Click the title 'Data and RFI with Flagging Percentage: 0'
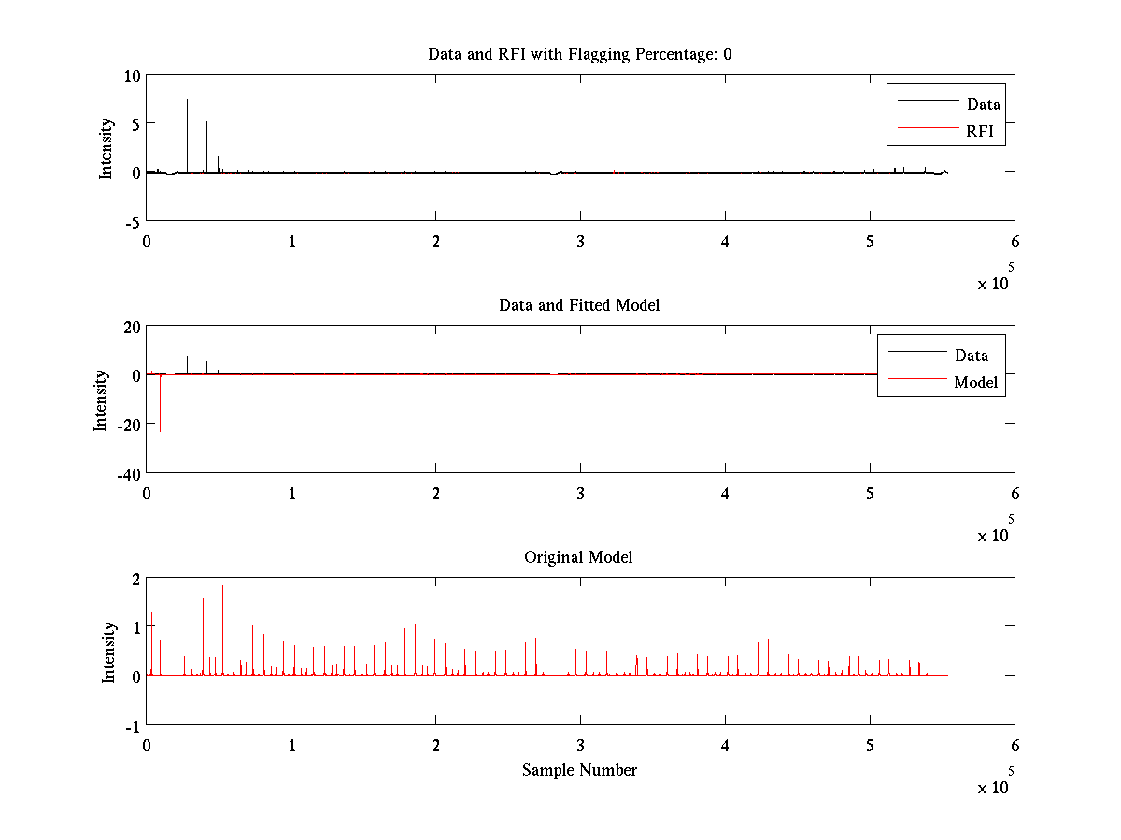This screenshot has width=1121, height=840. pyautogui.click(x=579, y=54)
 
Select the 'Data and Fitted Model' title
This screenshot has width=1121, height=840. pyautogui.click(x=579, y=305)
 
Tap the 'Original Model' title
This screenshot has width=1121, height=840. pyautogui.click(x=579, y=557)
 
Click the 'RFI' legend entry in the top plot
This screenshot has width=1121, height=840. pyautogui.click(x=986, y=133)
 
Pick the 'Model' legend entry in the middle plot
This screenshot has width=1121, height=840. pyautogui.click(x=975, y=383)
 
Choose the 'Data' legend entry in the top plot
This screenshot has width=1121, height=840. pyautogui.click(x=984, y=105)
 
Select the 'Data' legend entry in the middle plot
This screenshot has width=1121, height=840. pyautogui.click(x=972, y=356)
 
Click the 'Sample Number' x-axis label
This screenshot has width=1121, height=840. pyautogui.click(x=579, y=770)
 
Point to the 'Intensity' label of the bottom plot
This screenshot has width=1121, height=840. pyautogui.click(x=109, y=651)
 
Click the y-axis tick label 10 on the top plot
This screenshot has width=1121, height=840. pyautogui.click(x=132, y=76)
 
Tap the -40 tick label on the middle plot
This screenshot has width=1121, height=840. pyautogui.click(x=126, y=473)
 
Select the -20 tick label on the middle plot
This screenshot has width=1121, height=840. pyautogui.click(x=126, y=424)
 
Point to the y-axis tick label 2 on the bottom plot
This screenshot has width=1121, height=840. pyautogui.click(x=135, y=579)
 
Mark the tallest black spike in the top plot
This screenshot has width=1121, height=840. pyautogui.click(x=187, y=103)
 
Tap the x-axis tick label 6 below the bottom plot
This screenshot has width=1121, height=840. pyautogui.click(x=1015, y=746)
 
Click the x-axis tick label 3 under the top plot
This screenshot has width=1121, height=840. pyautogui.click(x=580, y=242)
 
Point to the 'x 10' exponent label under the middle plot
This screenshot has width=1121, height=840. pyautogui.click(x=993, y=535)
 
